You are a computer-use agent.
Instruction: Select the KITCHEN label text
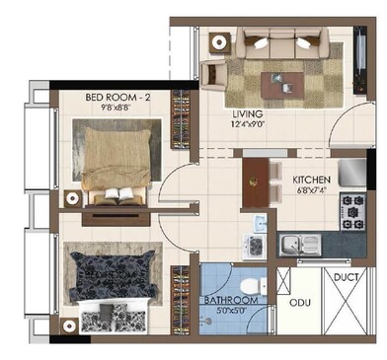(x=313, y=180)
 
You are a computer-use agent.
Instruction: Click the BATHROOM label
(x=232, y=300)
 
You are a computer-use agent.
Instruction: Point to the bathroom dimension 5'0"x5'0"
(x=232, y=311)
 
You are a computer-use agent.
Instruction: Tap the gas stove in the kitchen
(x=352, y=208)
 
